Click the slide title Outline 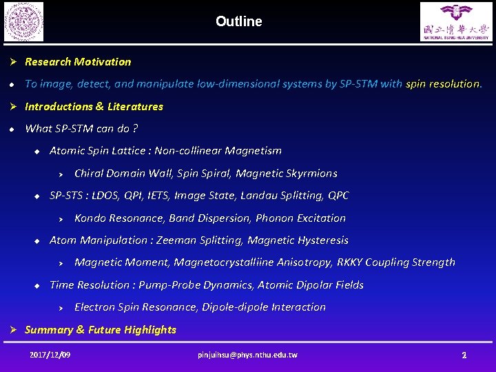pyautogui.click(x=238, y=21)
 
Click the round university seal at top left pyautogui.click(x=23, y=21)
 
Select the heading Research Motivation pyautogui.click(x=78, y=62)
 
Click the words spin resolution pyautogui.click(x=443, y=84)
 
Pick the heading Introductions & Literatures pyautogui.click(x=94, y=107)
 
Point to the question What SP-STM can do pyautogui.click(x=81, y=129)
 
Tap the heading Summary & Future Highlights pyautogui.click(x=101, y=330)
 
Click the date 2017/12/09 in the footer pyautogui.click(x=50, y=355)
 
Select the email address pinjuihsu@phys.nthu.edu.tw pyautogui.click(x=247, y=355)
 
